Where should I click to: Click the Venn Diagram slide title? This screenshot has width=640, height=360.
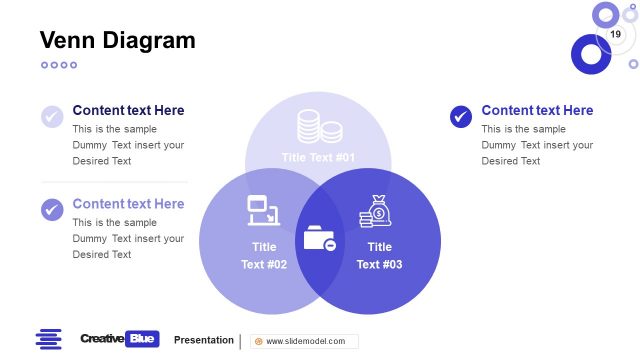tap(117, 40)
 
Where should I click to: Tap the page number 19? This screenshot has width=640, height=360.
tap(615, 35)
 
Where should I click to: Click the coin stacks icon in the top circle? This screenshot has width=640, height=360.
tap(319, 126)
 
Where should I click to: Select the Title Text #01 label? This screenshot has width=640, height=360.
tap(318, 157)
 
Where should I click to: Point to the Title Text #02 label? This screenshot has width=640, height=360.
tap(264, 256)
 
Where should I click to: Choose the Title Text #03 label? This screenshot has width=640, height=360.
tap(379, 256)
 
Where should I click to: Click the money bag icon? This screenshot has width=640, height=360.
tap(375, 212)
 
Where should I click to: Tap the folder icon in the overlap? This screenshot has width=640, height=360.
tap(319, 240)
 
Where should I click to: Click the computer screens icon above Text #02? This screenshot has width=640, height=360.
tap(263, 210)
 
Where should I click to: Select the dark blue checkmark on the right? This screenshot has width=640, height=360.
tap(461, 117)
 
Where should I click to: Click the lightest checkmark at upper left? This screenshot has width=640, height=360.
tap(52, 117)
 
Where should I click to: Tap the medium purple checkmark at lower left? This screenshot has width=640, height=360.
tap(52, 210)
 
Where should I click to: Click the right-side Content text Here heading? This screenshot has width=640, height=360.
tap(537, 110)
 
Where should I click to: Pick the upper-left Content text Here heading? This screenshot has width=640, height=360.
tap(128, 110)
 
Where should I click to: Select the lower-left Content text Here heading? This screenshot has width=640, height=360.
tap(128, 203)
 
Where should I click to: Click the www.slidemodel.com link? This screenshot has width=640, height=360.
tap(305, 341)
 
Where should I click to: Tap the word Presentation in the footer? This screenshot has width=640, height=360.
tap(204, 340)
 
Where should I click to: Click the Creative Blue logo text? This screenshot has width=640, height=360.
tap(119, 339)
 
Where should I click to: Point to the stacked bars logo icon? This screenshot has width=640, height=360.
tap(49, 339)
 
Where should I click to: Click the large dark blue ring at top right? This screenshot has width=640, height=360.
tap(590, 54)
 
